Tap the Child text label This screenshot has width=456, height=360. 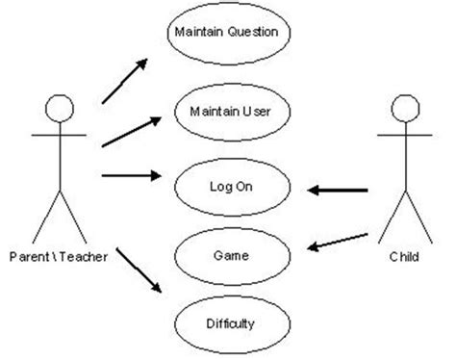pos(404,256)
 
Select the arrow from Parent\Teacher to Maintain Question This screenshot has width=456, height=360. pos(124,80)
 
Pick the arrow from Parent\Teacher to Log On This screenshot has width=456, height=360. pos(129,175)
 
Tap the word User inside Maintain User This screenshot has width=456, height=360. pos(257,112)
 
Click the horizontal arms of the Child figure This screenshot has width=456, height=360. pos(404,136)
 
